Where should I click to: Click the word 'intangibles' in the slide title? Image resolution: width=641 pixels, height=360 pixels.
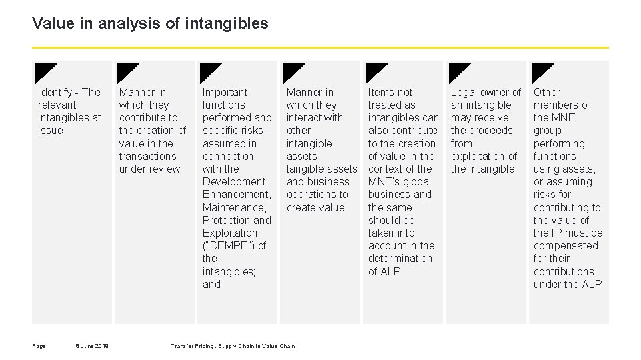[235, 24]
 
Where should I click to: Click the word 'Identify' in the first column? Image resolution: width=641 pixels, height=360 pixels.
[56, 92]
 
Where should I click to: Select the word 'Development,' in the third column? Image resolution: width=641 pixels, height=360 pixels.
[236, 181]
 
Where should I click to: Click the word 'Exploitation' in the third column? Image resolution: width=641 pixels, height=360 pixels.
[229, 233]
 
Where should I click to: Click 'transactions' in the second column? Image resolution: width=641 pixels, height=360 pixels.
[147, 156]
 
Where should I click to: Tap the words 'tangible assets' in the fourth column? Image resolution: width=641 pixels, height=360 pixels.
[322, 169]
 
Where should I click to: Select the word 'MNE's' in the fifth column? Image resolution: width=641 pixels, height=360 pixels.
[384, 181]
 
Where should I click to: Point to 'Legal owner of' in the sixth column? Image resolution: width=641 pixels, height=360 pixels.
[486, 92]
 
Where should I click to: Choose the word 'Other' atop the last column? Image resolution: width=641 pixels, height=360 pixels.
[547, 92]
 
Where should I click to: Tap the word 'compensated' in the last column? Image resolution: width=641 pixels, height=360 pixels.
[566, 245]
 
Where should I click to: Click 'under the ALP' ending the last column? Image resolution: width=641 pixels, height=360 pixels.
[568, 284]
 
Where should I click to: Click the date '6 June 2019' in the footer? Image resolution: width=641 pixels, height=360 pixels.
[93, 345]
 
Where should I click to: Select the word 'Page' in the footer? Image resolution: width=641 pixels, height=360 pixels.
[39, 345]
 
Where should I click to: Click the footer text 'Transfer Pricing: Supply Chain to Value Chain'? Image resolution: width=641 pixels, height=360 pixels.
[233, 345]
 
